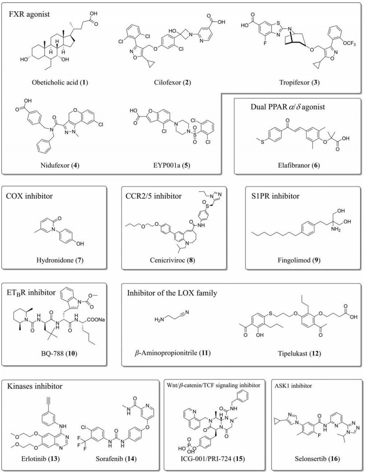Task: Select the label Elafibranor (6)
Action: (x=295, y=166)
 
